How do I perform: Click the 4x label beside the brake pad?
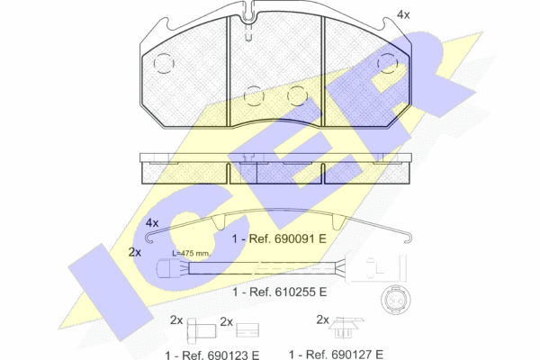coord(403,14)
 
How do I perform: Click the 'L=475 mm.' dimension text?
coord(191,254)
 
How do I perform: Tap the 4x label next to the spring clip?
coord(152,223)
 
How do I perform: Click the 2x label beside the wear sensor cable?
coord(135,252)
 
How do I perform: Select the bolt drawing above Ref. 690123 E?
coord(202,330)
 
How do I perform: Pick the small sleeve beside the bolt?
coord(247,330)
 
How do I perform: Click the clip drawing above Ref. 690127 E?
coord(346,328)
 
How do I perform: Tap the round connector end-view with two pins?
coord(395,300)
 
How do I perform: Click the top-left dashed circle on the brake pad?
coord(164,63)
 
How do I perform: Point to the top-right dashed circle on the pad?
coord(388,63)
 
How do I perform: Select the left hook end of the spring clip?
coord(149,238)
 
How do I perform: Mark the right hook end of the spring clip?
coord(409,238)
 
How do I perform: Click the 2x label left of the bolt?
coord(176,320)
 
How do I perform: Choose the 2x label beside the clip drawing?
coord(323,319)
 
